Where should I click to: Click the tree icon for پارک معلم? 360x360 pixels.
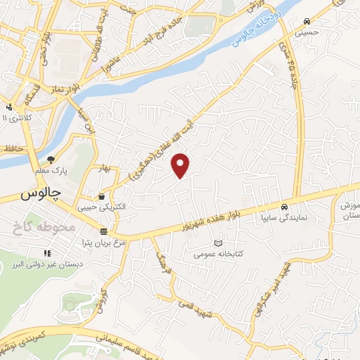click(x=51, y=160)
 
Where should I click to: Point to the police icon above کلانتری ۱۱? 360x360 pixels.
click(x=8, y=106)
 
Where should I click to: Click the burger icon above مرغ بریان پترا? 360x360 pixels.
click(x=103, y=231)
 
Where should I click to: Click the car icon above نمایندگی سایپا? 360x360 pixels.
click(x=283, y=207)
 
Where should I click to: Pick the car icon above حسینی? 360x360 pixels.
click(x=307, y=21)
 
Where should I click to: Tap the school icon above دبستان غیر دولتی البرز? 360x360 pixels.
click(x=48, y=253)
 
